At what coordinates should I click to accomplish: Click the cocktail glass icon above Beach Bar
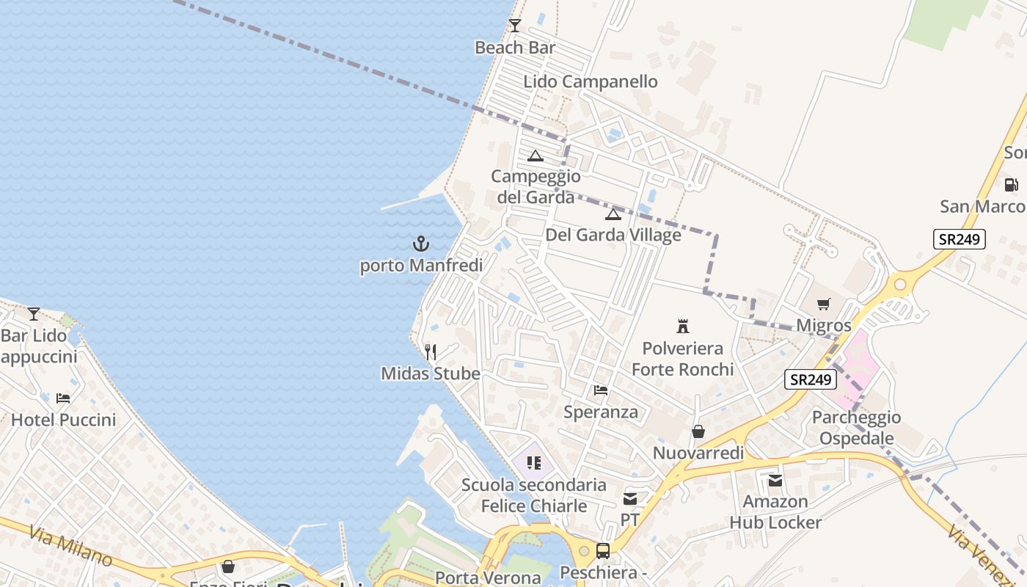[x=515, y=26]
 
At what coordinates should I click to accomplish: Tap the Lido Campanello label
[x=591, y=81]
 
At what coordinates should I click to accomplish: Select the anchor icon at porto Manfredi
[x=421, y=244]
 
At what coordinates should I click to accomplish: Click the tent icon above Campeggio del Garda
[x=536, y=156]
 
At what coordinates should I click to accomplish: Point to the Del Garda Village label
[x=613, y=236]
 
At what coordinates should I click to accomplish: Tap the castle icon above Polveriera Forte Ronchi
[x=683, y=327]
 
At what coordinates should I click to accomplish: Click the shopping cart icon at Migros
[x=824, y=304]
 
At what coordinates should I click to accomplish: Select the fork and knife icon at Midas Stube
[x=431, y=352]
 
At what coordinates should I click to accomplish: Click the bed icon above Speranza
[x=601, y=390]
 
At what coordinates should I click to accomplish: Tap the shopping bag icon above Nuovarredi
[x=698, y=431]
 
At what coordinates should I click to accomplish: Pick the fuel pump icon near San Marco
[x=1011, y=185]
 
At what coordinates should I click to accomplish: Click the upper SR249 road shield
[x=960, y=239]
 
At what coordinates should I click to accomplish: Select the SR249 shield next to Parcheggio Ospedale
[x=811, y=379]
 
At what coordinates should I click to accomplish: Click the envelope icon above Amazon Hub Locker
[x=775, y=481]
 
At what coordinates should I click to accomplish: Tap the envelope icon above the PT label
[x=630, y=499]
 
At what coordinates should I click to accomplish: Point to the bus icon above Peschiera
[x=603, y=550]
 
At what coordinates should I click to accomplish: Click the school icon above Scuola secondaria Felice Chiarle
[x=534, y=462]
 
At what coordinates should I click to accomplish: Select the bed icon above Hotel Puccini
[x=63, y=398]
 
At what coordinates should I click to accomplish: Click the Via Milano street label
[x=71, y=546]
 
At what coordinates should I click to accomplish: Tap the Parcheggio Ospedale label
[x=856, y=428]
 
